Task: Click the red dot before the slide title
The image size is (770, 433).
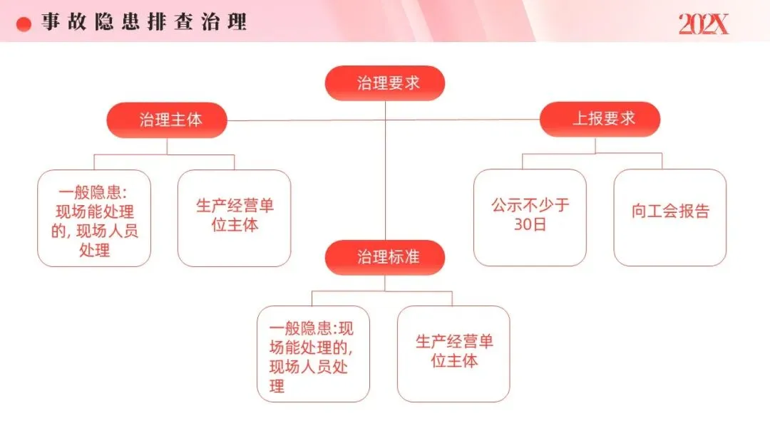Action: click(x=24, y=24)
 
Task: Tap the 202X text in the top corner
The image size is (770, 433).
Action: click(x=703, y=24)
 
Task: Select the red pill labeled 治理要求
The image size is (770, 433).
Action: click(x=385, y=83)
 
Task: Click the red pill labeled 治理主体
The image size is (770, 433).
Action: click(x=167, y=120)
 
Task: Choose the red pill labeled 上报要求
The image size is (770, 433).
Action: click(x=600, y=119)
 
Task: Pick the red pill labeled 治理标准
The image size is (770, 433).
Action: click(x=385, y=257)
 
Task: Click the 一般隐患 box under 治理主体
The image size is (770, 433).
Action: click(x=94, y=218)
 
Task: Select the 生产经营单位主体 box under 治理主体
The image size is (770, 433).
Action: click(x=234, y=218)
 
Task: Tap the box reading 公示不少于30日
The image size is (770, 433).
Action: click(x=530, y=218)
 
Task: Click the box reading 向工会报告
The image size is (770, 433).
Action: click(x=670, y=218)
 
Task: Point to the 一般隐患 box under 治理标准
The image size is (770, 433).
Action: click(x=313, y=354)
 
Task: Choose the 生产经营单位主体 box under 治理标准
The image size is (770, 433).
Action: click(x=453, y=354)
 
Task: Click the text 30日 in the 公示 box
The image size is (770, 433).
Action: click(x=530, y=226)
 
